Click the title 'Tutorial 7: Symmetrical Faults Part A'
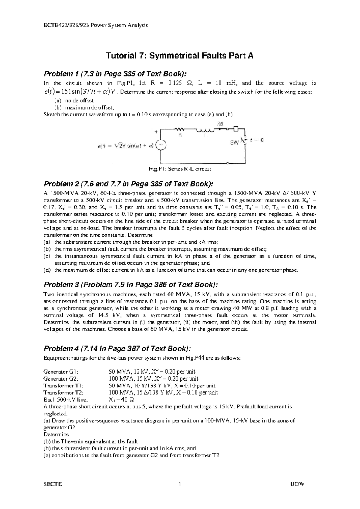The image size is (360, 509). click(179, 56)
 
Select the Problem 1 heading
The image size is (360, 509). click(115, 74)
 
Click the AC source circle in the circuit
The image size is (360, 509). click(161, 146)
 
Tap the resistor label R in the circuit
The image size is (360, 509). click(180, 136)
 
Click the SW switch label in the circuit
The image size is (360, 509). click(235, 143)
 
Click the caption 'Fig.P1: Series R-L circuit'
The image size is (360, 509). click(180, 169)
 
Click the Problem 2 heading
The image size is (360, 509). click(129, 184)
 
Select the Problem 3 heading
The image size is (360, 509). click(131, 284)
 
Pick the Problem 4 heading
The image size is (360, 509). click(117, 348)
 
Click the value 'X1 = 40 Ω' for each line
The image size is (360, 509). click(121, 400)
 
